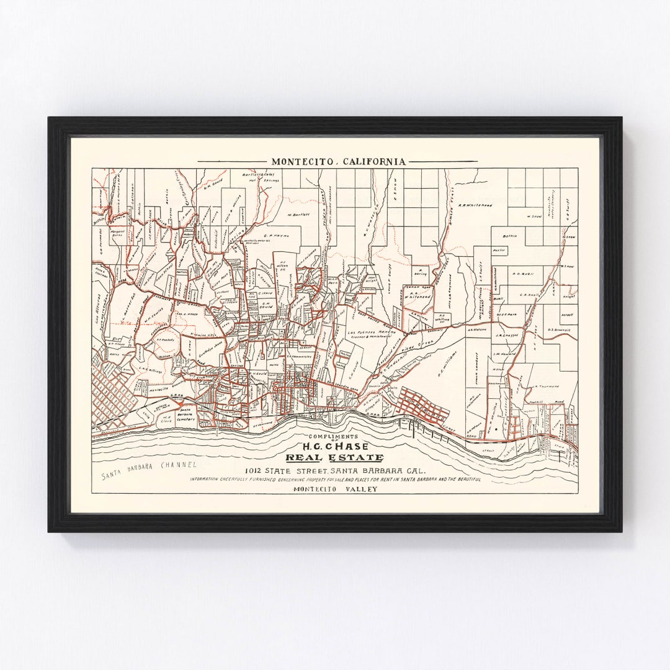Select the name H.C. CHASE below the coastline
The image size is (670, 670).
click(x=334, y=446)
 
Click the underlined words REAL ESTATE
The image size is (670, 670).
click(x=334, y=458)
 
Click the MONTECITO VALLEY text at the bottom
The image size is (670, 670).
click(x=334, y=489)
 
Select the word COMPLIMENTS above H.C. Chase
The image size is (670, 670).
click(x=334, y=437)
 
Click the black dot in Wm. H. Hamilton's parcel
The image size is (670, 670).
click(x=496, y=428)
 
